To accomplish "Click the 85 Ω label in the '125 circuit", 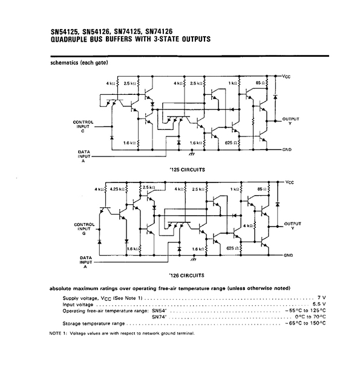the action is click(260, 83).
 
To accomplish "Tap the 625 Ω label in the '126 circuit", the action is click(232, 248).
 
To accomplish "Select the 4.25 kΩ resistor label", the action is click(117, 189).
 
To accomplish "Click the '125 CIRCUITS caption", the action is click(187, 170).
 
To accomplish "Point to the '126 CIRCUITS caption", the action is click(187, 276).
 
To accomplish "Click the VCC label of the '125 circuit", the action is click(286, 77).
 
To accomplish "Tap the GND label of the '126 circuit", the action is click(289, 255).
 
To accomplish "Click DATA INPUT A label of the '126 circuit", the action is click(85, 262).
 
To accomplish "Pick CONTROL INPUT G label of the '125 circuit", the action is click(83, 126).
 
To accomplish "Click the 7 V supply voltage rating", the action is click(322, 298).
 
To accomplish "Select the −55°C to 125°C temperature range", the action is click(306, 311).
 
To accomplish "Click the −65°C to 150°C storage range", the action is click(306, 323).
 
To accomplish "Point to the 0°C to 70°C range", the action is click(310, 317).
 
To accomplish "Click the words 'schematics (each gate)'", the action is click(79, 63).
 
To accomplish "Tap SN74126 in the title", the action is click(159, 31).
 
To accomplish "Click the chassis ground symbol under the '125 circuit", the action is click(192, 153).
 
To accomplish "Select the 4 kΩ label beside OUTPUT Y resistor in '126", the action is click(247, 226).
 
